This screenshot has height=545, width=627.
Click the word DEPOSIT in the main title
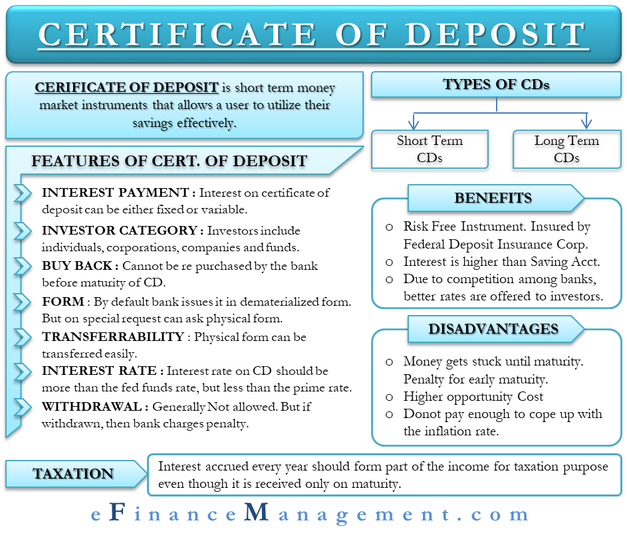click(496, 34)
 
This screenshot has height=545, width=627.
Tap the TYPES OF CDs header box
click(496, 84)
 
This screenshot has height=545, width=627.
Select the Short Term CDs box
click(430, 149)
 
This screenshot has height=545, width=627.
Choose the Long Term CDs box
click(566, 149)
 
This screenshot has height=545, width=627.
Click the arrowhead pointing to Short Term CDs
click(414, 122)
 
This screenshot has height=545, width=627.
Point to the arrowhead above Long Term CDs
click(586, 122)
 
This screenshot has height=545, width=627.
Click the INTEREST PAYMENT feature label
click(115, 192)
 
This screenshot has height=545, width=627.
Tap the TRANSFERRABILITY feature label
click(113, 337)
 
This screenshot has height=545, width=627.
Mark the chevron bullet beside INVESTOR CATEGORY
click(23, 231)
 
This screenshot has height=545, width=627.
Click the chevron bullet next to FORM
click(23, 302)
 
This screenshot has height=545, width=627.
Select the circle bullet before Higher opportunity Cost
click(389, 397)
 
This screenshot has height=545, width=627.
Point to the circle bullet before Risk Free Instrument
click(389, 227)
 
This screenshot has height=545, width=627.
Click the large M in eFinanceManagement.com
click(257, 512)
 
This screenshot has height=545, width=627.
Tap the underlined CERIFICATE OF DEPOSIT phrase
click(126, 87)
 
